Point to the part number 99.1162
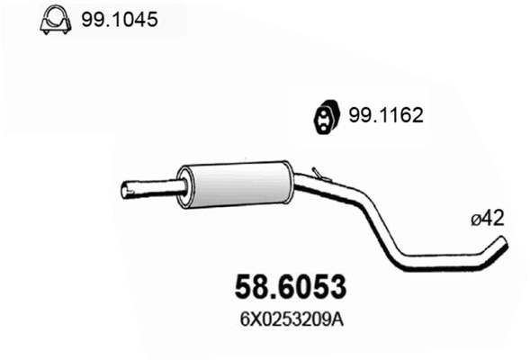[x=385, y=115]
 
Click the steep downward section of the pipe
[x=373, y=229]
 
